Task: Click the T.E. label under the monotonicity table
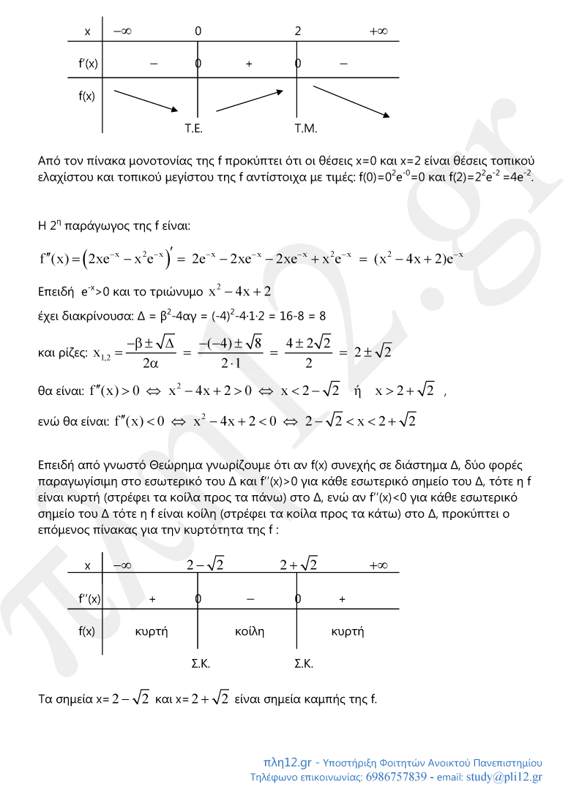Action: tap(193, 128)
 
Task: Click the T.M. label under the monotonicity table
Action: tap(305, 128)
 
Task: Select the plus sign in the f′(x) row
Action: tap(249, 64)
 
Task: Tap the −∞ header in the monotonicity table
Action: tap(122, 32)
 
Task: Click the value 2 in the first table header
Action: tap(298, 32)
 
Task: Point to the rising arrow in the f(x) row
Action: tap(249, 100)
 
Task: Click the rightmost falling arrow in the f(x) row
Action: tap(351, 101)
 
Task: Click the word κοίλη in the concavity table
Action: tap(249, 630)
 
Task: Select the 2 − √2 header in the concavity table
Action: tap(205, 565)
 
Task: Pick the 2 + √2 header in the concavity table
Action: tap(299, 565)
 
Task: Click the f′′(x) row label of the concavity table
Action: tap(89, 599)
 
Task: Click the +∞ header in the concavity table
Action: tap(378, 565)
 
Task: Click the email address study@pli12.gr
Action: tap(504, 777)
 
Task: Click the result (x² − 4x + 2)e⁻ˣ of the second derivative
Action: tap(418, 259)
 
